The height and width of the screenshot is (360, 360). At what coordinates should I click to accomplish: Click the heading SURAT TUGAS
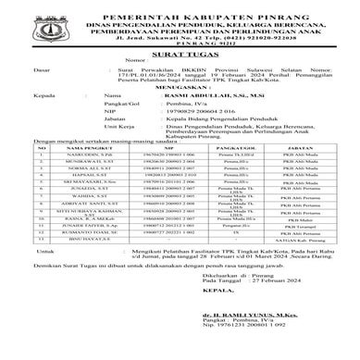[180, 53]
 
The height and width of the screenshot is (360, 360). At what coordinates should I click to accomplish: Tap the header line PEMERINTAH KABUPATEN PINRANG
[180, 7]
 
